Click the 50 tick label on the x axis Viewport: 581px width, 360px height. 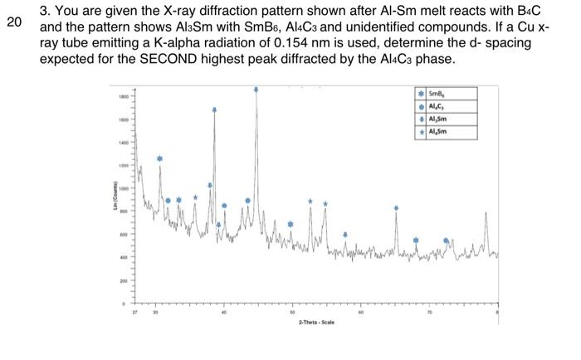292,313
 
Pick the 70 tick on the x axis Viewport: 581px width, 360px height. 430,313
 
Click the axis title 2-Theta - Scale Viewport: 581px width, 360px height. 316,321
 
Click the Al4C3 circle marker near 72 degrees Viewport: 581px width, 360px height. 447,241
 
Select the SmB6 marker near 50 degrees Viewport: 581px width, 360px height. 290,224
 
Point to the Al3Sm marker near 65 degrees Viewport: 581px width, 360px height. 396,207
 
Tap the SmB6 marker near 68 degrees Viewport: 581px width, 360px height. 416,240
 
